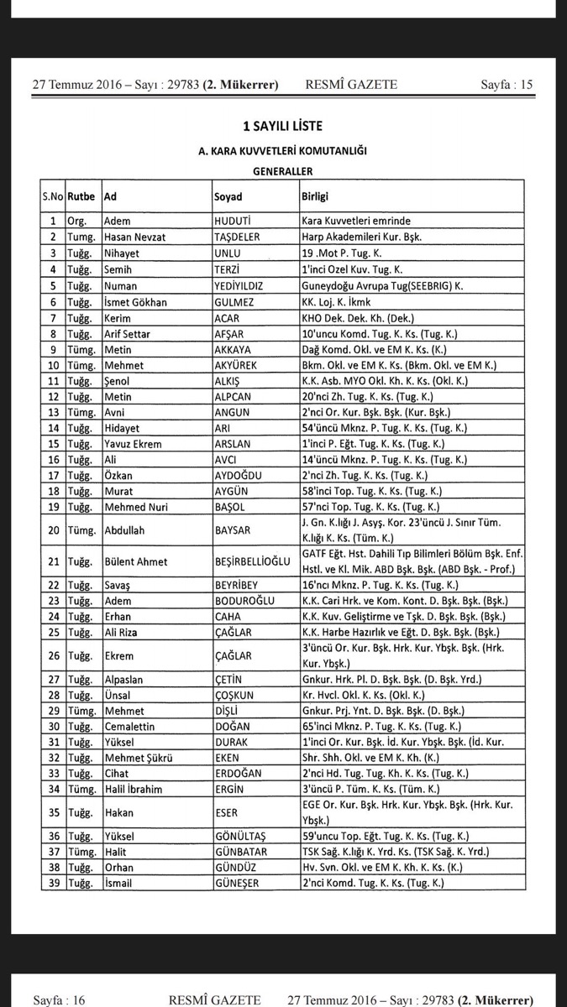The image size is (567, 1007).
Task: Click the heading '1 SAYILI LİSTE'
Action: click(282, 127)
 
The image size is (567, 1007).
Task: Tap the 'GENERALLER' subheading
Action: click(282, 170)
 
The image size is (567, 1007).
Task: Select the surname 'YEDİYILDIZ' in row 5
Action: click(239, 285)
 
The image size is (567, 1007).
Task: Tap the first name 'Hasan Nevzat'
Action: click(134, 237)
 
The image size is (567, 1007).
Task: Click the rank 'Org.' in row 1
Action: click(77, 222)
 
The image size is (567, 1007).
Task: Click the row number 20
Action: click(53, 530)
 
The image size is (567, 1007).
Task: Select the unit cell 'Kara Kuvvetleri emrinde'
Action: click(356, 222)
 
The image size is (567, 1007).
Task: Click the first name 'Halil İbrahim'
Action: click(134, 788)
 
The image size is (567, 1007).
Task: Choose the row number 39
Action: click(53, 883)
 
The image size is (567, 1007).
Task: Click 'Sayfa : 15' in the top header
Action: click(507, 84)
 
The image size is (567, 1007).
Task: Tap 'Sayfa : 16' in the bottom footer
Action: click(60, 999)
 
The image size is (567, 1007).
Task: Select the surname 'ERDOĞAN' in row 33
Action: click(239, 773)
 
